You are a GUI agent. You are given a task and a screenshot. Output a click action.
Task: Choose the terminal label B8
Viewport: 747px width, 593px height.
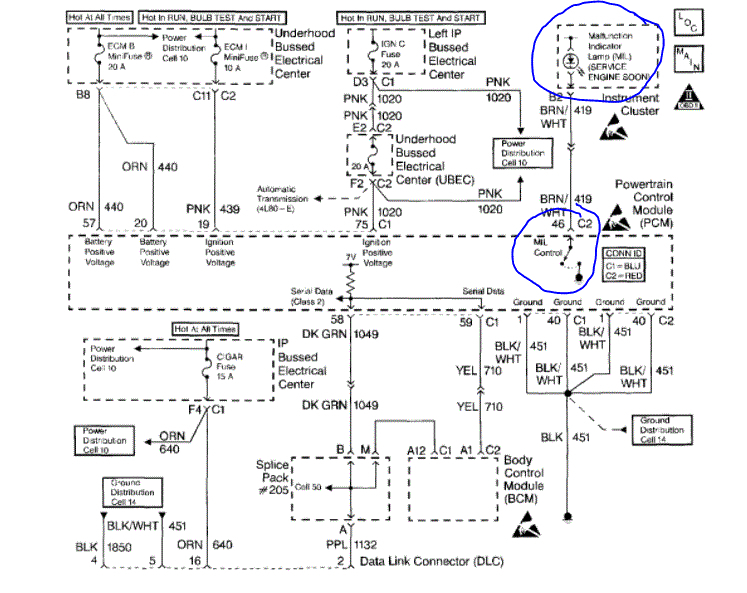click(x=85, y=97)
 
